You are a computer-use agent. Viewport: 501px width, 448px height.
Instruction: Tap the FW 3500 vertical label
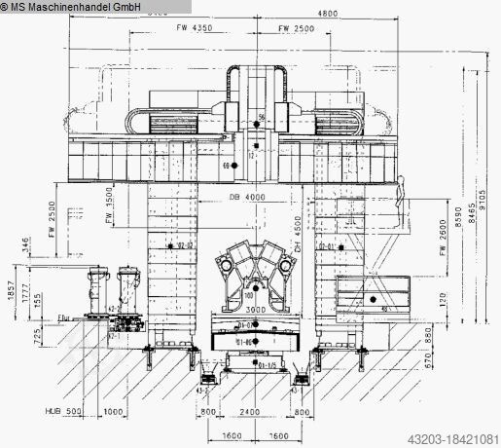pyautogui.click(x=108, y=209)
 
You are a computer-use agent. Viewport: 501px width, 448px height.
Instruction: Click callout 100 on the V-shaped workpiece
pyautogui.click(x=248, y=293)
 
